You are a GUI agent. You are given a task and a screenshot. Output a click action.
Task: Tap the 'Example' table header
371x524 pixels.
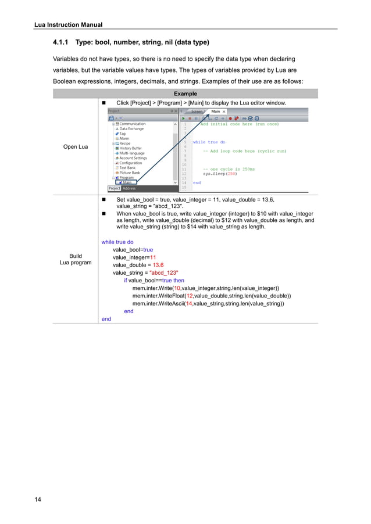(185, 94)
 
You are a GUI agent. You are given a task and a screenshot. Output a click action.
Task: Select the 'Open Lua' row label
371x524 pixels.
(76, 146)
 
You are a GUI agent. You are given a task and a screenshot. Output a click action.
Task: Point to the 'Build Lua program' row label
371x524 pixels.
(76, 259)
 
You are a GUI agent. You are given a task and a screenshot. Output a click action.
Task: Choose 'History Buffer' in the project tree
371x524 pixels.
(130, 148)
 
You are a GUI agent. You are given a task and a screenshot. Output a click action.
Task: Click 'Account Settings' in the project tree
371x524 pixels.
(133, 158)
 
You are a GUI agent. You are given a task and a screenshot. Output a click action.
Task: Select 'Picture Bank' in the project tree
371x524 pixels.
(129, 173)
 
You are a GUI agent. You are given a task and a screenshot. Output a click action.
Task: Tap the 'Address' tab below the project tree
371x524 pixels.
(129, 188)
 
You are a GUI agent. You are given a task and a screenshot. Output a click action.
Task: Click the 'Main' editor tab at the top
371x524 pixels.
(216, 111)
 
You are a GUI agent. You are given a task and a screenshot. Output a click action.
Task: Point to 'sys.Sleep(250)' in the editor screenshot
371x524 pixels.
(220, 173)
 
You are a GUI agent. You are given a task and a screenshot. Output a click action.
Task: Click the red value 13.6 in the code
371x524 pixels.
(158, 265)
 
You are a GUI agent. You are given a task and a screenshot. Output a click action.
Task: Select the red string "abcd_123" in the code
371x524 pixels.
(164, 272)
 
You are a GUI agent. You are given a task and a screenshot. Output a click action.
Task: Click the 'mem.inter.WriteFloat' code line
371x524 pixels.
(211, 296)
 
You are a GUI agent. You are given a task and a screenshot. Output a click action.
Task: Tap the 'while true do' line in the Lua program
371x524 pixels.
(117, 242)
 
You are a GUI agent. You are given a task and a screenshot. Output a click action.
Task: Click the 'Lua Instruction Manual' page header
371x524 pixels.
(68, 24)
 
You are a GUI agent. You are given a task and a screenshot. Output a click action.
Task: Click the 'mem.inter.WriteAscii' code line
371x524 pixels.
(208, 303)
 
